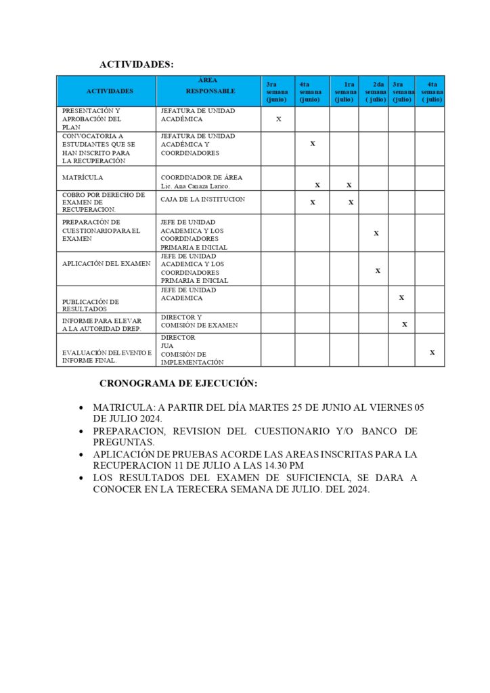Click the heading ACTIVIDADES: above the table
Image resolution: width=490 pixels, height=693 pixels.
(x=136, y=64)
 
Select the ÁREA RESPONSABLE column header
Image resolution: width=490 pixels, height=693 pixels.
(x=210, y=85)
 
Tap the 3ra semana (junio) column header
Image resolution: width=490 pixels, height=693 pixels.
(x=277, y=91)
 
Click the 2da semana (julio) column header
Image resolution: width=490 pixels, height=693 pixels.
(x=375, y=91)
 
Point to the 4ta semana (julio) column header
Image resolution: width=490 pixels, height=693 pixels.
(x=431, y=91)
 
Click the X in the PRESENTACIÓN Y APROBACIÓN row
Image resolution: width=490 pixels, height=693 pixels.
(x=279, y=119)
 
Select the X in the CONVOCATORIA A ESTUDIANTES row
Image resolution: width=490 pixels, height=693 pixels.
(x=312, y=143)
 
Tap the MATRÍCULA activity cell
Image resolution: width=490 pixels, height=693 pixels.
(x=83, y=178)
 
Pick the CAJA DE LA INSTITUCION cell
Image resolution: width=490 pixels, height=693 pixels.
(x=202, y=200)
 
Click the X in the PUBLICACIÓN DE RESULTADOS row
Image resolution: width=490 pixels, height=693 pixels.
(x=401, y=297)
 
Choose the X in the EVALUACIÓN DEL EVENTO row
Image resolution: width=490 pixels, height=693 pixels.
(x=432, y=352)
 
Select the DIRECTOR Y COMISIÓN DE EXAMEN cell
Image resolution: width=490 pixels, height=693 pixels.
(x=199, y=321)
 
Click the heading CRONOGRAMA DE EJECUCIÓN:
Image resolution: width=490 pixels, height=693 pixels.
(x=178, y=383)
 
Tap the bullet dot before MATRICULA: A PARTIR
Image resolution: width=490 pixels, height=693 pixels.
(x=81, y=409)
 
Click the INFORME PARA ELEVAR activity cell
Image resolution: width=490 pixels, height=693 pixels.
(x=102, y=324)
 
